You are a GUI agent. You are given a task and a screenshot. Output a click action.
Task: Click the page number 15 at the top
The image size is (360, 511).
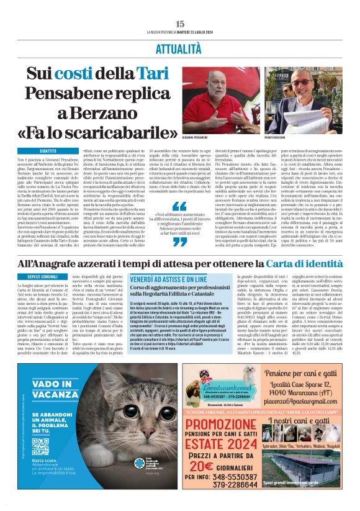click(x=180, y=24)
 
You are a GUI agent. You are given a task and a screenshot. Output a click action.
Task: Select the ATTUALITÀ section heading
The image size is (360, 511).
click(x=179, y=47)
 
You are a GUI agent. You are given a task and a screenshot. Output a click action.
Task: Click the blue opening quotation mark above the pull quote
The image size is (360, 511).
click(x=179, y=207)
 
